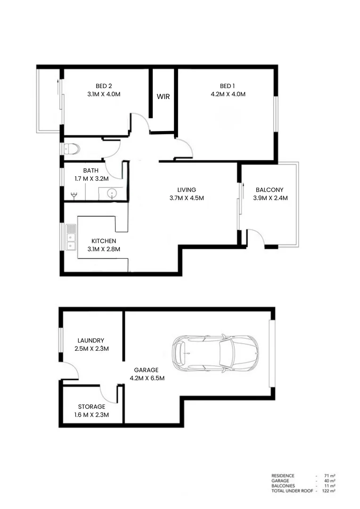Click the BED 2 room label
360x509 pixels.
(x=104, y=86)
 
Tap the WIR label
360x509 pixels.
(x=163, y=96)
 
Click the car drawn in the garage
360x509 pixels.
(x=215, y=353)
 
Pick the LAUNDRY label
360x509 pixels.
(x=90, y=340)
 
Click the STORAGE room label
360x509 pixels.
(x=92, y=406)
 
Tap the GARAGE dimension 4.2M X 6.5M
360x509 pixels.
(x=147, y=378)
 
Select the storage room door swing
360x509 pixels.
(x=108, y=393)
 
